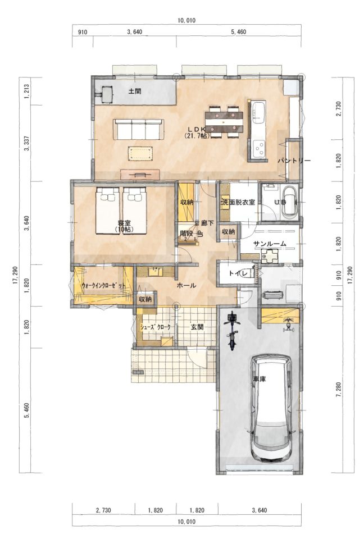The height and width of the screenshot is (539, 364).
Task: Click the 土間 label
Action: pos(134,92)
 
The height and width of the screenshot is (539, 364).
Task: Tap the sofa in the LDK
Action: pos(139,129)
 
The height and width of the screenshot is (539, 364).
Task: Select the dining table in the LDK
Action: pos(224,122)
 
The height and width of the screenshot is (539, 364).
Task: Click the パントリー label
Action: pos(294,161)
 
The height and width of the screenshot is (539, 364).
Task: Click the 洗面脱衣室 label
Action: pos(238,202)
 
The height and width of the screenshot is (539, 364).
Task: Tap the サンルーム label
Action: pos(270,244)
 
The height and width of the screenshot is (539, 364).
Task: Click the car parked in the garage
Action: pos(271,408)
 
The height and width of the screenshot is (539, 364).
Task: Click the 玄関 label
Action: pos(197,327)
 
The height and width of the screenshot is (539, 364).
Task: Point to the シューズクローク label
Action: pos(155,327)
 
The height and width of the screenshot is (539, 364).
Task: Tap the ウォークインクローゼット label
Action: pos(103,286)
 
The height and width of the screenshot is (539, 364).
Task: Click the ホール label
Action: pos(186,285)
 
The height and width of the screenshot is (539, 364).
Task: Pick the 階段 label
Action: pos(186,232)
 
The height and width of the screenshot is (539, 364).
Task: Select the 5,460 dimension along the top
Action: pos(238,32)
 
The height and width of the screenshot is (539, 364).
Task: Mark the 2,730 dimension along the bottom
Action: pos(103,510)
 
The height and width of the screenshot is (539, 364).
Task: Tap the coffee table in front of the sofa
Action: pos(140,153)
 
